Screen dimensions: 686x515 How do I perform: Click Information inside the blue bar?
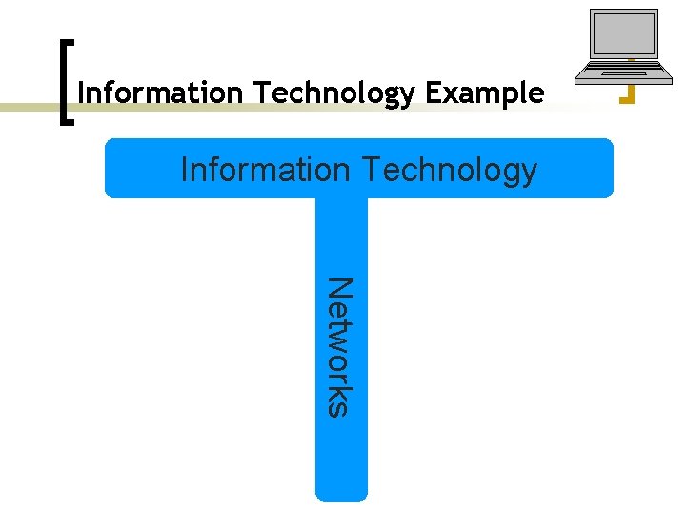266,170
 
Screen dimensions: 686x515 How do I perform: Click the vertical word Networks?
340,346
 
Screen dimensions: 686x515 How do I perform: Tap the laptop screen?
624,34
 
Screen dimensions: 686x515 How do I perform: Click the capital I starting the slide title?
81,93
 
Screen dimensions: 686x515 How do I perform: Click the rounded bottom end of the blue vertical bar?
341,493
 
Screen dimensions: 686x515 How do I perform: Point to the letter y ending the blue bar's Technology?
528,175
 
